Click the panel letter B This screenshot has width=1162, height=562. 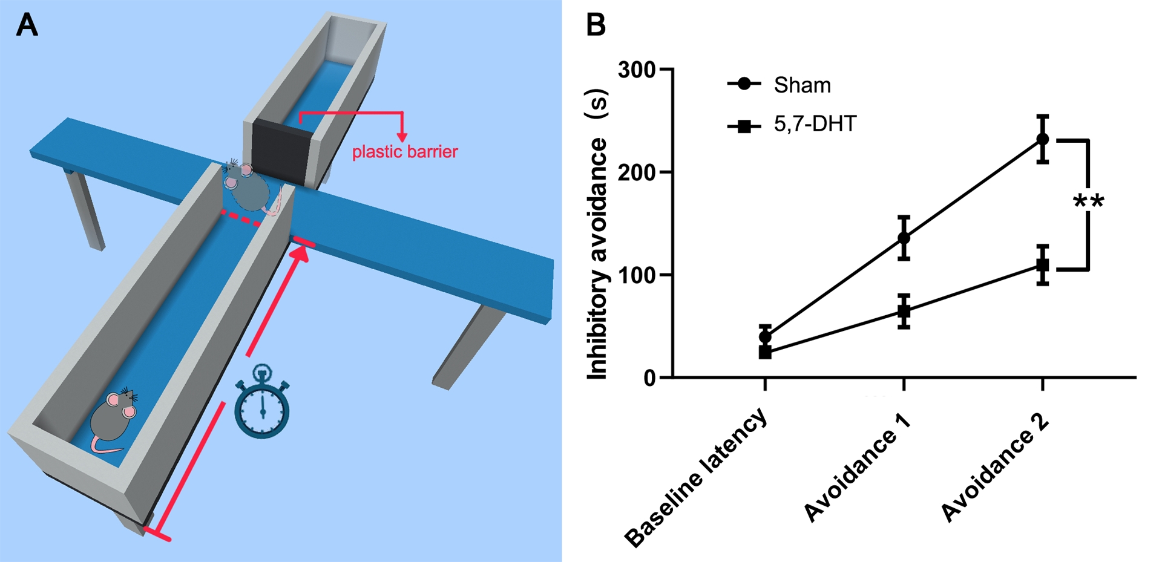[x=596, y=25]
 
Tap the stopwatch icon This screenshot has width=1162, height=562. [x=262, y=402]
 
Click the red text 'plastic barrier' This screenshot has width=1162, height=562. [x=405, y=151]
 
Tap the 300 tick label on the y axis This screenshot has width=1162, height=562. [x=637, y=70]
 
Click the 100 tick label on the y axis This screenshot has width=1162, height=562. [x=637, y=275]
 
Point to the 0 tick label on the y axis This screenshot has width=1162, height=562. [x=649, y=378]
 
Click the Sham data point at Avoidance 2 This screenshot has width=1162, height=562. [x=1042, y=139]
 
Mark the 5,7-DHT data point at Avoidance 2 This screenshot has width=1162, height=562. [x=1042, y=265]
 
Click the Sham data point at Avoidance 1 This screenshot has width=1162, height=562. [x=904, y=238]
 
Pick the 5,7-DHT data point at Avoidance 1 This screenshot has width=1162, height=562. [x=904, y=312]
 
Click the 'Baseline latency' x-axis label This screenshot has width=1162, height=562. [x=696, y=478]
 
